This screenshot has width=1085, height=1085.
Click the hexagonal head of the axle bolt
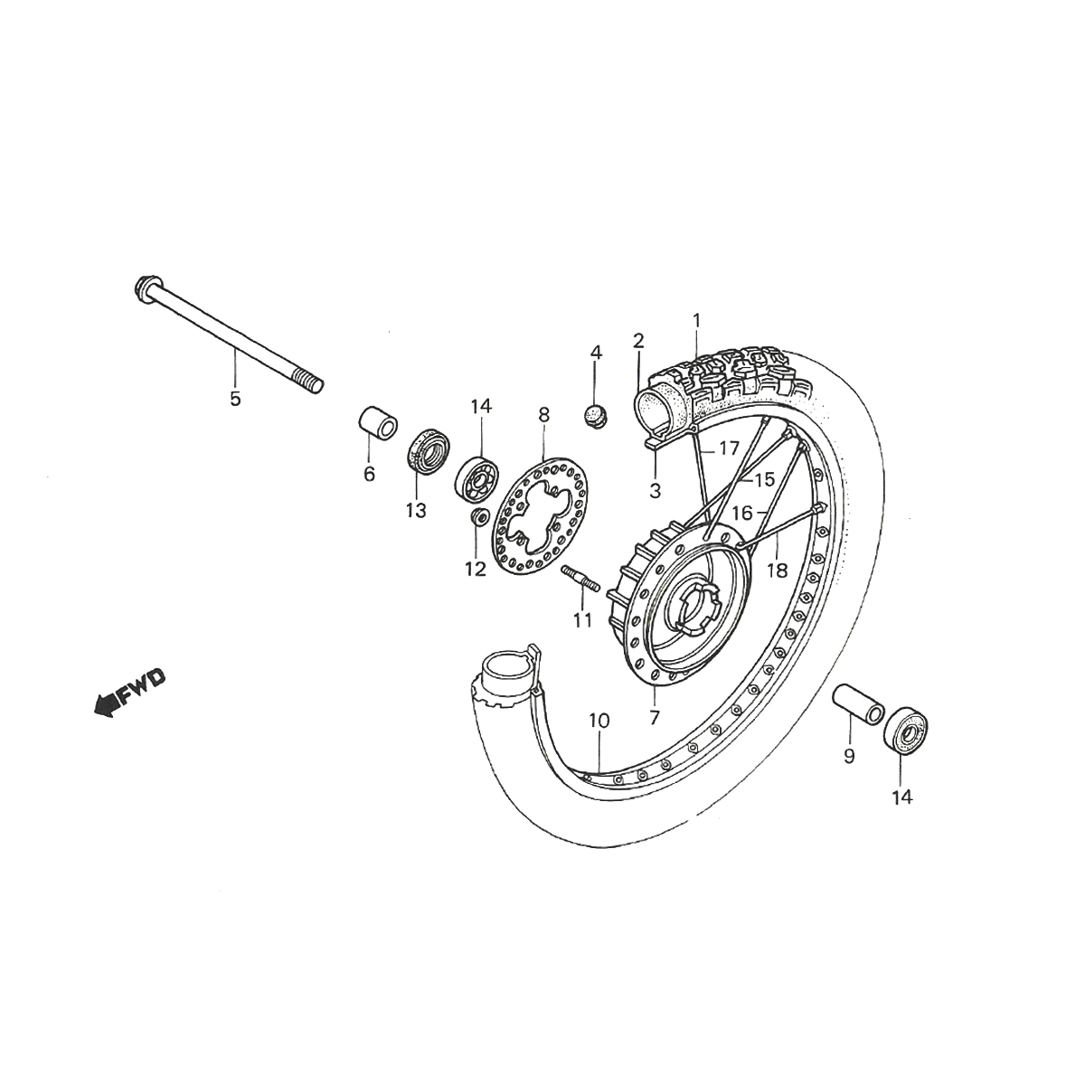tap(146, 288)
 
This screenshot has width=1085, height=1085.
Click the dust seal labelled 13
tap(428, 450)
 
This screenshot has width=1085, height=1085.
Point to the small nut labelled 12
tap(479, 517)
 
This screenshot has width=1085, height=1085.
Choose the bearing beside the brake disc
tap(476, 476)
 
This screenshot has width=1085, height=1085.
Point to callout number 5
tap(235, 399)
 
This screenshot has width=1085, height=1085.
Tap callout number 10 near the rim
tap(599, 721)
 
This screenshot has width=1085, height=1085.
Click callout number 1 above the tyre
tap(696, 319)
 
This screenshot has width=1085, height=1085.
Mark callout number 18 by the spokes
tap(777, 571)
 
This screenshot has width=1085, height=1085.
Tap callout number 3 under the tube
tap(655, 492)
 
